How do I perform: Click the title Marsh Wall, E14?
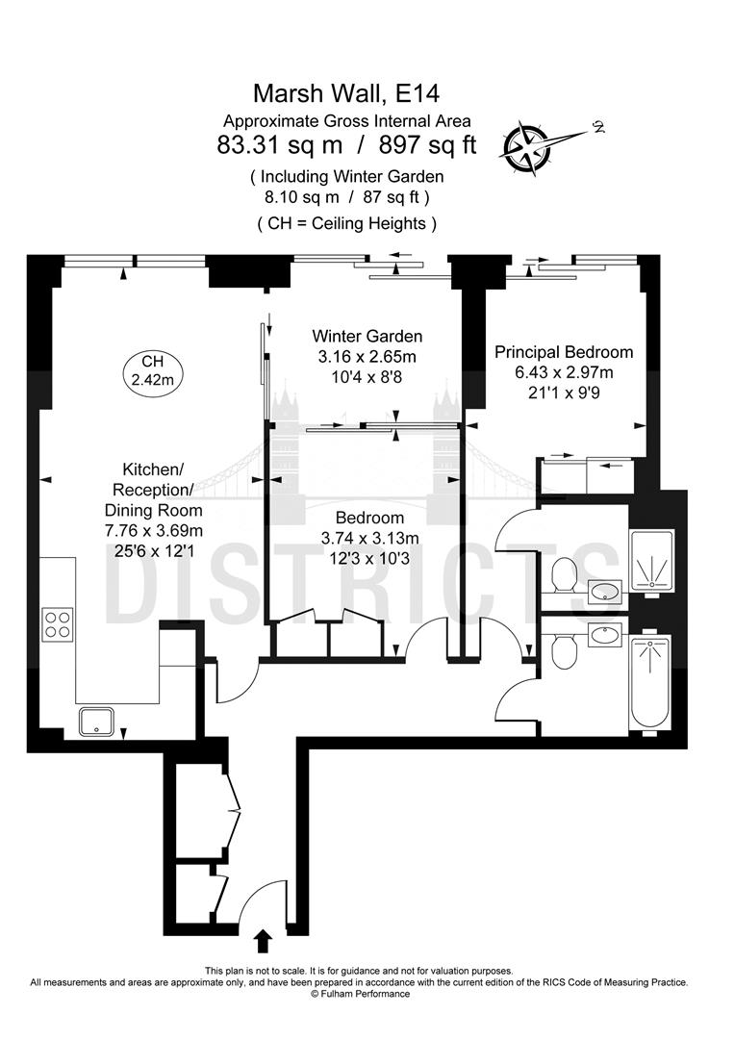346,93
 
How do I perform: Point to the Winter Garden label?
367,337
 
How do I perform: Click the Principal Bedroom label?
563,352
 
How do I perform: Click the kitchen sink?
98,721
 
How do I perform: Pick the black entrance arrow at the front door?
265,938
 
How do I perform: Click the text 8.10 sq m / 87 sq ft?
346,196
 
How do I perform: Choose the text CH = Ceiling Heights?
346,223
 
